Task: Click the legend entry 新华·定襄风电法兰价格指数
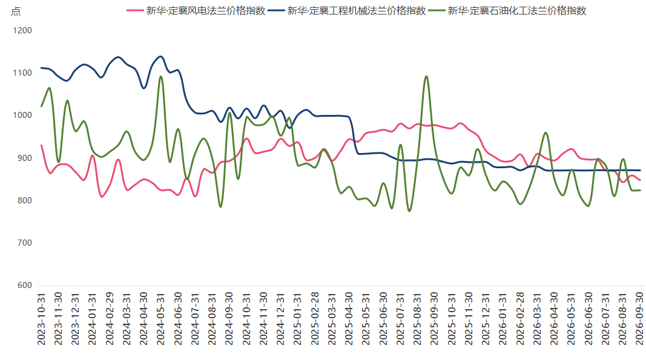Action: coord(196,11)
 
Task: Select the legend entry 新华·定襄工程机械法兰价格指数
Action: coord(347,11)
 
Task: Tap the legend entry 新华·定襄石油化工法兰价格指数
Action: coord(507,11)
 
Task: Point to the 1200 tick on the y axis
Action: coord(22,30)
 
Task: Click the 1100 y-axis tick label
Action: coord(22,73)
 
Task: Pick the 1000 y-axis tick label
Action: coord(22,116)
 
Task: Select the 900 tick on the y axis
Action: coord(25,158)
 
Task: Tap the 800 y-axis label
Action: coord(25,201)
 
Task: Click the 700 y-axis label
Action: coord(25,243)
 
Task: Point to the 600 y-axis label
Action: coord(25,286)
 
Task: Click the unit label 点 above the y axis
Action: coord(16,11)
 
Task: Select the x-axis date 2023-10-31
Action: coord(41,319)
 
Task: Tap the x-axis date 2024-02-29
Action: coord(110,319)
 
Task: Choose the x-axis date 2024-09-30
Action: coord(229,319)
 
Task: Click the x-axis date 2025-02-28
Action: coord(314,319)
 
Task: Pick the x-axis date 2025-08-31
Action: coord(417,319)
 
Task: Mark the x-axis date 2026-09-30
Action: coord(639,319)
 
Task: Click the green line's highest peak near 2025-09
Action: coord(426,77)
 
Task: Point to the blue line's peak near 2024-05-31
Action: coord(160,57)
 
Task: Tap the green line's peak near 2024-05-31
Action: coord(161,77)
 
